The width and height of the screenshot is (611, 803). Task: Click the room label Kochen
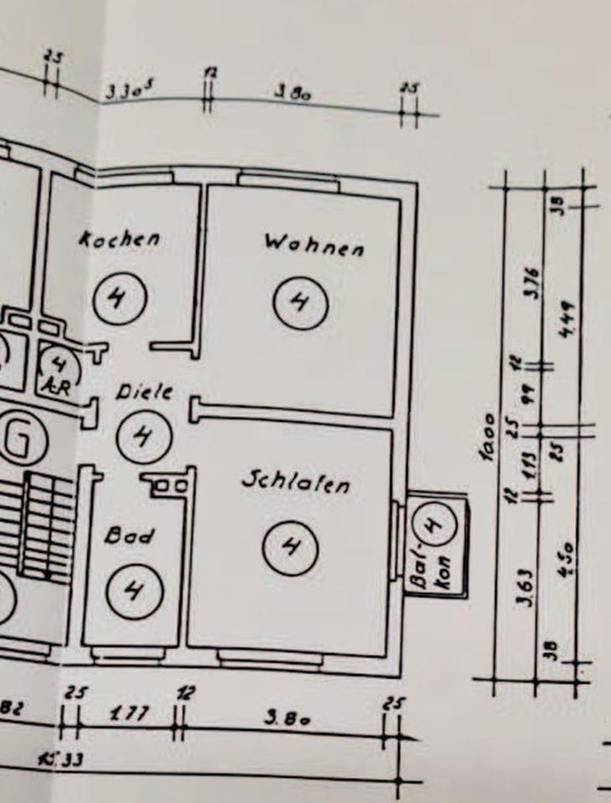point(120,239)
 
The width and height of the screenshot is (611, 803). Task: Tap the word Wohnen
point(314,245)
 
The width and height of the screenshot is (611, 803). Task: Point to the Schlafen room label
point(295,483)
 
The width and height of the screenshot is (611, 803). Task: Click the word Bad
point(129,536)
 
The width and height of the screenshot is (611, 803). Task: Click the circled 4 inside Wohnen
point(299,301)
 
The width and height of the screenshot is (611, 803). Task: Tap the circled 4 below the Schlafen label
point(290,548)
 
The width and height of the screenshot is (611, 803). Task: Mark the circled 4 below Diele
point(143,436)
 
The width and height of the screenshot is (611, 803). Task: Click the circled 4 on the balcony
point(433,525)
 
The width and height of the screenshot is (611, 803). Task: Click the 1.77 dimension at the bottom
point(129,715)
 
